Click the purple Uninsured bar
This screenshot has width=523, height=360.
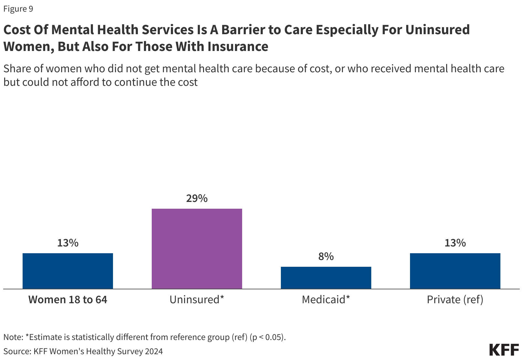pos(197,248)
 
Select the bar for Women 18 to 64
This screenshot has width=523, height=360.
pos(68,271)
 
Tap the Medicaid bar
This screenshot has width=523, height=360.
pos(326,277)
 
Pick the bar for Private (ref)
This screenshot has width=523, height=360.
pos(455,271)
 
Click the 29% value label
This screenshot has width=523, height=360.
pos(197,198)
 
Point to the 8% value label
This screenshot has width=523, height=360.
pos(326,256)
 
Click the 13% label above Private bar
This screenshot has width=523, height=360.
pos(455,243)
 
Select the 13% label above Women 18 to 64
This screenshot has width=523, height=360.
pos(68,243)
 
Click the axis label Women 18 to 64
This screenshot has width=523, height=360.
pos(68,300)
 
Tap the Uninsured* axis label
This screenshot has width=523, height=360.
pos(197,300)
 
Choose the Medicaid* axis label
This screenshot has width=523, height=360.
pos(326,300)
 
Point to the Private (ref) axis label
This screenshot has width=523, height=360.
pos(455,300)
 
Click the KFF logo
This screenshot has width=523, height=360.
pos(504,350)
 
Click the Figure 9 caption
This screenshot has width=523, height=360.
pos(18,9)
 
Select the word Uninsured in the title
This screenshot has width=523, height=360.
pos(437,30)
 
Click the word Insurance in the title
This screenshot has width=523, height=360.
pos(238,46)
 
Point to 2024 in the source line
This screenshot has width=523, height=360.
pos(154,351)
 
